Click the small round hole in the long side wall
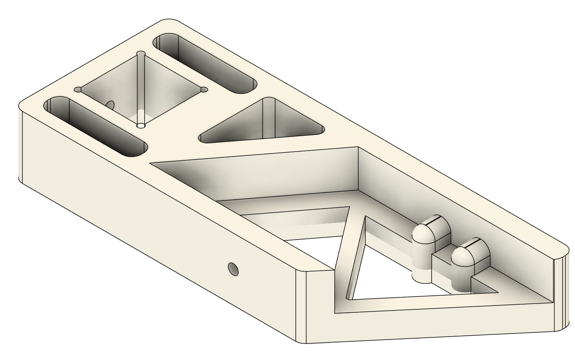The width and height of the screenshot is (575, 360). [x=233, y=269]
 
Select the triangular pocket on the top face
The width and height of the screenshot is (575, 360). [x=264, y=123]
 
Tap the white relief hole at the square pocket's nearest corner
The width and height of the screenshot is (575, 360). [x=141, y=126]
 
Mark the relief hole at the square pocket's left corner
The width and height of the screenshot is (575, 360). [x=78, y=90]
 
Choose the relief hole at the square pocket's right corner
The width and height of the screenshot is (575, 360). [x=204, y=89]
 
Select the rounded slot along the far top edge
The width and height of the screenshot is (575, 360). [x=204, y=64]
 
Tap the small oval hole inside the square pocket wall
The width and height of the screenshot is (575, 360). [x=110, y=104]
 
